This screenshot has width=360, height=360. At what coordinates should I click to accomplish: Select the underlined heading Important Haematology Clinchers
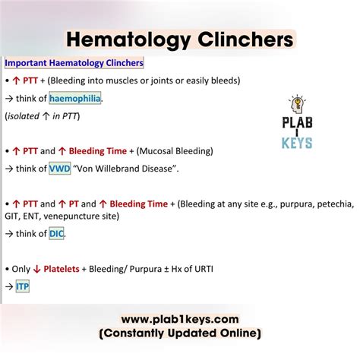74,63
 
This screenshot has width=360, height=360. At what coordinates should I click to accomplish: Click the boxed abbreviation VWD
58,169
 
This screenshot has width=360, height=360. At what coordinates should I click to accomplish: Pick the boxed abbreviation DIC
57,234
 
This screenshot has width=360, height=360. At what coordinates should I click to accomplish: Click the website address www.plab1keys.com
179,320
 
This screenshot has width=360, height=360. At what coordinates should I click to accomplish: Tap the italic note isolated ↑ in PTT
43,116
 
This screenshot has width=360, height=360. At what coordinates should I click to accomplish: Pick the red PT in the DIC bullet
87,204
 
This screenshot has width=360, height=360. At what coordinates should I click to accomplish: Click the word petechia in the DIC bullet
334,204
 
